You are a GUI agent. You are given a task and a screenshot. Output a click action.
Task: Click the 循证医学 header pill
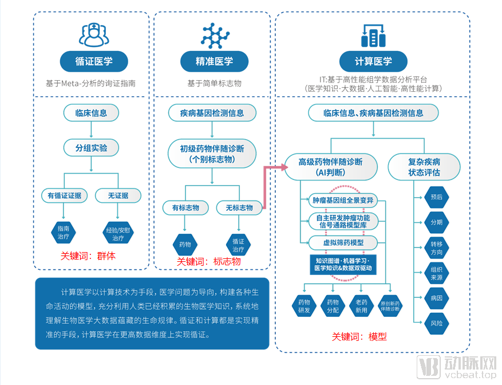click(94, 61)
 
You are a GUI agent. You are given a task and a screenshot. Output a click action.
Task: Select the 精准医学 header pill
click(214, 61)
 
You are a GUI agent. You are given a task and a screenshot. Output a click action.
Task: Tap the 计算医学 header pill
click(373, 61)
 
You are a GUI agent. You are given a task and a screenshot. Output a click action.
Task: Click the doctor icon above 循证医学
click(94, 34)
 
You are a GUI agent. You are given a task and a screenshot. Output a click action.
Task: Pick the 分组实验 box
click(91, 148)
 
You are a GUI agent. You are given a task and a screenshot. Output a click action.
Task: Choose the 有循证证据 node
click(64, 195)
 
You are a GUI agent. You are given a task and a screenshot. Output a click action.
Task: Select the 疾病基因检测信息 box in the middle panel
click(212, 113)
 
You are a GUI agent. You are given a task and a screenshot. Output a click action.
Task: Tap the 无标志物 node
click(239, 208)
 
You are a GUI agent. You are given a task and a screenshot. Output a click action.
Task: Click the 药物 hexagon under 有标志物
click(185, 245)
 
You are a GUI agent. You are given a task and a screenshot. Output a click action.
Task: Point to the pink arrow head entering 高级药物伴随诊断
click(284, 167)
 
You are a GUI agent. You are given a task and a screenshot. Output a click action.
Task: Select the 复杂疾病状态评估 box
click(424, 167)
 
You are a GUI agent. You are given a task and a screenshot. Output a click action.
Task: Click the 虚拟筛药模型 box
click(343, 243)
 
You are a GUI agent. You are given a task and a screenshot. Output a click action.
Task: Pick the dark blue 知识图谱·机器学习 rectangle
click(343, 265)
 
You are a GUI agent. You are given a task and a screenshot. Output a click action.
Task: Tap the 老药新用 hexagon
click(361, 306)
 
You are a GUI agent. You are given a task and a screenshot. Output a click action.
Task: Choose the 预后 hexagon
click(436, 197)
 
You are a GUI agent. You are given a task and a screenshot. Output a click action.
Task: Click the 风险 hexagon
click(436, 324)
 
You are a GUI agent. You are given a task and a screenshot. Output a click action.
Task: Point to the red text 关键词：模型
click(359, 337)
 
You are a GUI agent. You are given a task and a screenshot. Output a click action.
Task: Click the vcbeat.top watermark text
click(470, 374)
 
